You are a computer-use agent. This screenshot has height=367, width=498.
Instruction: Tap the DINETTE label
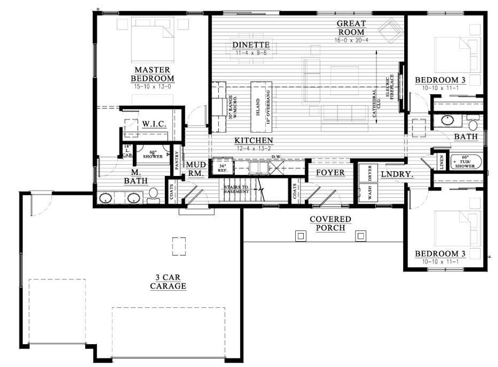250,45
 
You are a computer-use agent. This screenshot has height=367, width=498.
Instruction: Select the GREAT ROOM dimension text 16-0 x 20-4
351,40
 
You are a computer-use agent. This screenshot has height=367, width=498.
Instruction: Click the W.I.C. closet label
155,124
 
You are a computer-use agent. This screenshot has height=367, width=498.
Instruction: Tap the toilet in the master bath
154,195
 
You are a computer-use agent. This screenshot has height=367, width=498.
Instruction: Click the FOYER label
330,173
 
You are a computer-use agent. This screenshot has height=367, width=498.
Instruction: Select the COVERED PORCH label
330,224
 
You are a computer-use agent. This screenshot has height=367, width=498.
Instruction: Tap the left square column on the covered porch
301,236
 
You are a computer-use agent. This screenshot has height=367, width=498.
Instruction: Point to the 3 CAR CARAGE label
168,281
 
